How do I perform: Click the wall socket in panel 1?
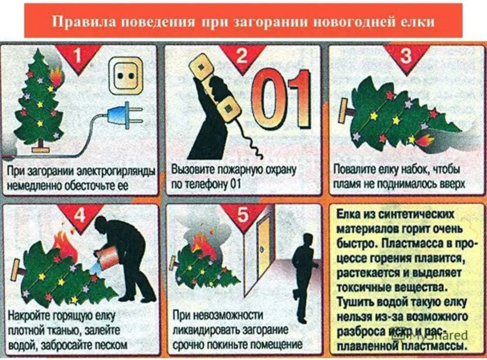pyautogui.click(x=125, y=75)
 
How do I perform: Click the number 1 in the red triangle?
pyautogui.click(x=78, y=55)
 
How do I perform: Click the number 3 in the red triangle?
pyautogui.click(x=406, y=55)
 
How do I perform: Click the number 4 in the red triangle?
pyautogui.click(x=80, y=215)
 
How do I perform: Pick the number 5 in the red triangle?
pyautogui.click(x=243, y=215)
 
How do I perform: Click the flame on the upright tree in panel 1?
pyautogui.click(x=57, y=77)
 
